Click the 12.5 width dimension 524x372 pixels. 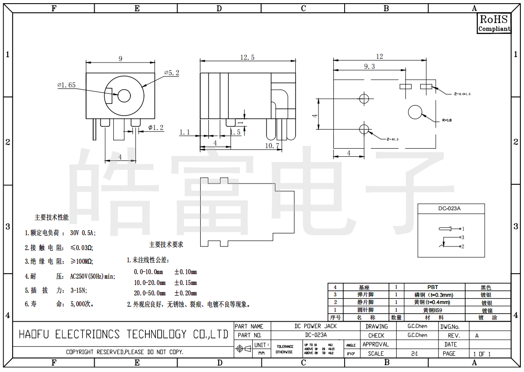(247, 57)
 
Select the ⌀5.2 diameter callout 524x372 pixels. (172, 72)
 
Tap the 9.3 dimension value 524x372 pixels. (369, 66)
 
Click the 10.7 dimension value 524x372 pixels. (272, 145)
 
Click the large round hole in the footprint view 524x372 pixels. (415, 112)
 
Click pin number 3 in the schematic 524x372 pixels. (463, 237)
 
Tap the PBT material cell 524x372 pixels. (433, 287)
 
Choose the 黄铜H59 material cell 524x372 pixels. (433, 310)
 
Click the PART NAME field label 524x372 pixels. (249, 326)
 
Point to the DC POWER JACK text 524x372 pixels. (316, 326)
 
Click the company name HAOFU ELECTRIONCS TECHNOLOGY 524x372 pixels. (123, 334)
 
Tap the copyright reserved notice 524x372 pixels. (125, 352)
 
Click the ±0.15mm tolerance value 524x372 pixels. (186, 283)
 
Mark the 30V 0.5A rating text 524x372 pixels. (83, 233)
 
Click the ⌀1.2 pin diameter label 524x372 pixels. (156, 128)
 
